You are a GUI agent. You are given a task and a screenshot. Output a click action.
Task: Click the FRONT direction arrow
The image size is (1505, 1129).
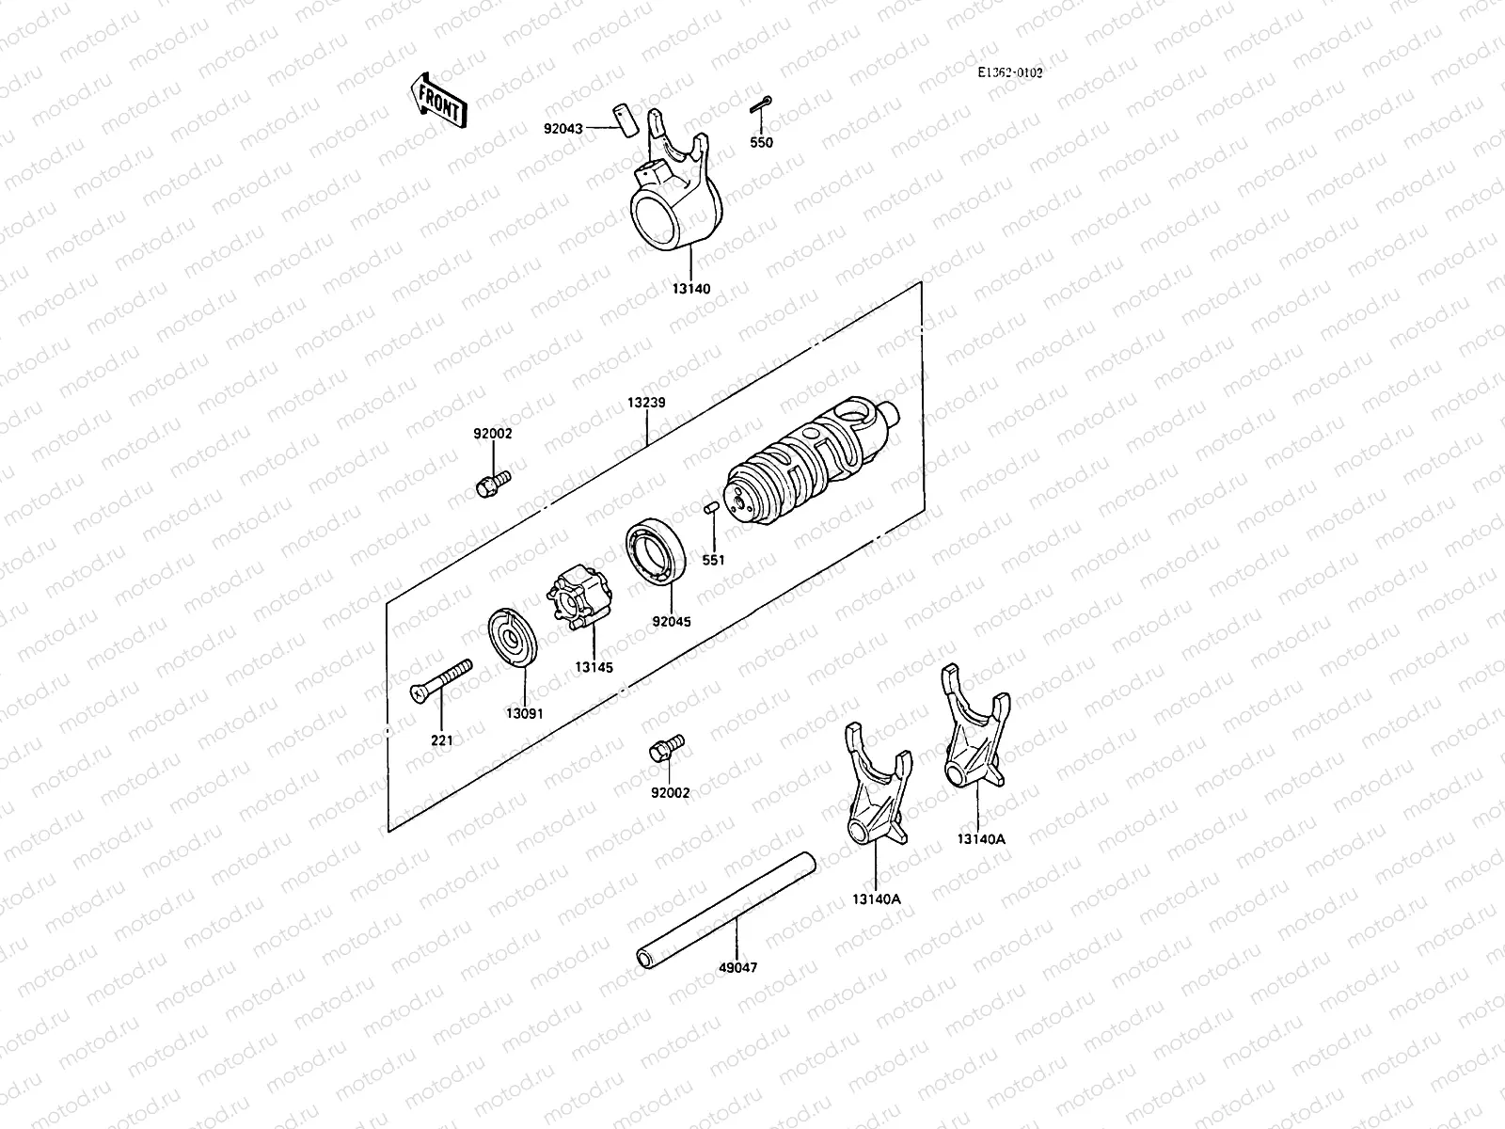coord(438,100)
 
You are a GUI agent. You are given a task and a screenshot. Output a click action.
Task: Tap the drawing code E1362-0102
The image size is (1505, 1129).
coord(1009,73)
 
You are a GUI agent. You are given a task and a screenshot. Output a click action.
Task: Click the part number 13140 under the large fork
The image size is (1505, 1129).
coord(691,289)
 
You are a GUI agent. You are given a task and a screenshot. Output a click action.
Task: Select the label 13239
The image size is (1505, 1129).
coord(648,403)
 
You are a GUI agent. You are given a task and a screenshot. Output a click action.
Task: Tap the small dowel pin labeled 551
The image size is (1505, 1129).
coord(712,509)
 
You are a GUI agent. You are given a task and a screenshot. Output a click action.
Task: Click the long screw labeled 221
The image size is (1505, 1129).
coord(441,681)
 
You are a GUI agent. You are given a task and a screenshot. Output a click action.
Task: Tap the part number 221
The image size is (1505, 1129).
coord(442,740)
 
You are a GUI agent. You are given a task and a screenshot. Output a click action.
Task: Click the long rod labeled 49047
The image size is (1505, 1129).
coord(724,908)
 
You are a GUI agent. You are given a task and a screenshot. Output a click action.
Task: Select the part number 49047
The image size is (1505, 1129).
coord(737,967)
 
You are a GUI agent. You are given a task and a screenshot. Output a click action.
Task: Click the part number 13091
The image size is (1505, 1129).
coord(524,714)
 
